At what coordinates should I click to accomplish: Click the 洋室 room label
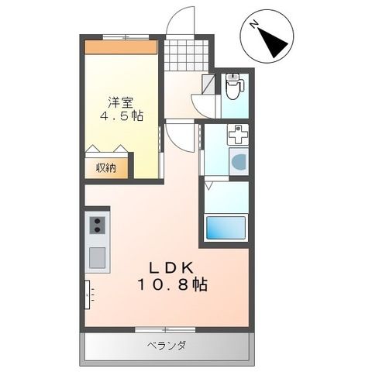[x=121, y=103]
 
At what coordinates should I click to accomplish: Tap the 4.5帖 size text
[x=122, y=115]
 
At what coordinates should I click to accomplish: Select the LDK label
[x=172, y=268]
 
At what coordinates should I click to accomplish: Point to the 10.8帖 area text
[x=173, y=284]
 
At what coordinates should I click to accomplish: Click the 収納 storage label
[x=106, y=168]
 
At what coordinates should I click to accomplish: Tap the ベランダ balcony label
[x=167, y=345]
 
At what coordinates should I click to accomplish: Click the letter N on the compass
[x=254, y=24]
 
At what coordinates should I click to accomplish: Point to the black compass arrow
[x=273, y=43]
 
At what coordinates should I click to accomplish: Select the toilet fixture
[x=235, y=86]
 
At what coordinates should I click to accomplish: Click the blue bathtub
[x=226, y=228]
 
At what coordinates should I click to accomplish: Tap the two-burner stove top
[x=98, y=225]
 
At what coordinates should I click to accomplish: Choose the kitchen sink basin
[x=97, y=257]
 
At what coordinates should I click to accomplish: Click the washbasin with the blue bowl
[x=239, y=162]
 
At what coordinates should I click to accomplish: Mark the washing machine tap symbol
[x=238, y=135]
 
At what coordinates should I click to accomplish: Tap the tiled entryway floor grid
[x=187, y=55]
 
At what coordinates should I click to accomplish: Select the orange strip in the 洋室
[x=121, y=47]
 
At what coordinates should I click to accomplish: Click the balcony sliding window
[x=165, y=329]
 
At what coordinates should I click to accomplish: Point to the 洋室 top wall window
[x=126, y=37]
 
